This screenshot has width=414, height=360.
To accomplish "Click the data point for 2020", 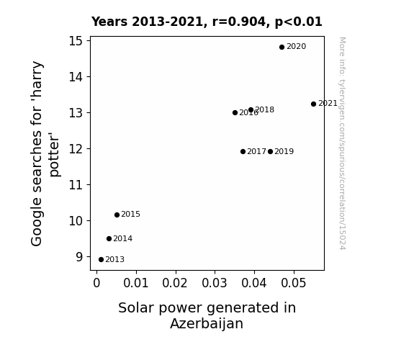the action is click(282, 48).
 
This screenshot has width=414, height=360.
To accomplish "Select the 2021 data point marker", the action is click(313, 104).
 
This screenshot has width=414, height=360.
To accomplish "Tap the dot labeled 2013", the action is click(101, 260).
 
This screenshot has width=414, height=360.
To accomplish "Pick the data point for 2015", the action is click(117, 215).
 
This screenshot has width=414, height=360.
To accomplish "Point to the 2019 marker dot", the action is click(270, 152).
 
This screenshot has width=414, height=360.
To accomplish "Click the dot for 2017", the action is click(243, 152).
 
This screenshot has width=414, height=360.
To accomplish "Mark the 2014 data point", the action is click(109, 239).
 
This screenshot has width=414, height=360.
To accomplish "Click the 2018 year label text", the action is click(264, 109).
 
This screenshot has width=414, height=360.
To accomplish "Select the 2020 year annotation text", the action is click(296, 47).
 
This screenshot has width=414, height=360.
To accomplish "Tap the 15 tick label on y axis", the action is click(76, 41).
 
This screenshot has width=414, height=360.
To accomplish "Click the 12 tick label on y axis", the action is click(76, 149).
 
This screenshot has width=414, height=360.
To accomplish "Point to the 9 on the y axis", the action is click(79, 257).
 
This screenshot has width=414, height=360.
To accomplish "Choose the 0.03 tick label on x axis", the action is click(215, 283).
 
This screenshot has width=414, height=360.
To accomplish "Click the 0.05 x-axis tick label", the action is click(294, 283).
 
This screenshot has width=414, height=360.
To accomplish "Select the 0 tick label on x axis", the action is click(96, 283).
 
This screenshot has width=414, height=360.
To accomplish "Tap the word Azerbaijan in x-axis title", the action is click(207, 323).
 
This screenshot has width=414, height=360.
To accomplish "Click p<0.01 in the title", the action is click(299, 22).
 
